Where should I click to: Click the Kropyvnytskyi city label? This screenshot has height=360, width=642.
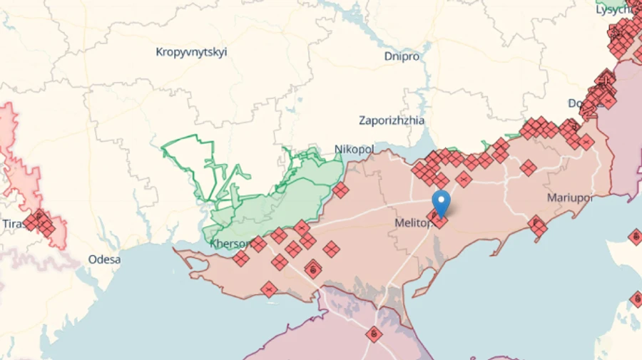(x=191, y=52)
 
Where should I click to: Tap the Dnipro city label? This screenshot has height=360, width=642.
(x=402, y=56)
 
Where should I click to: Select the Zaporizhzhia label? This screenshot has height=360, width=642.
(x=392, y=120)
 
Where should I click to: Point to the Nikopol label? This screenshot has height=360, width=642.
(x=354, y=149)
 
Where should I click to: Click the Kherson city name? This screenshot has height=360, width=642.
(x=230, y=244)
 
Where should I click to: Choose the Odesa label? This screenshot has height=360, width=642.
(x=104, y=259)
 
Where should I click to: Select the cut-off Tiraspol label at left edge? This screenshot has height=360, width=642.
(x=12, y=224)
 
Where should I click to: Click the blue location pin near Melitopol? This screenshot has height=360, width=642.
(x=442, y=202)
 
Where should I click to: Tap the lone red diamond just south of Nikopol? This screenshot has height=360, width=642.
(x=340, y=190)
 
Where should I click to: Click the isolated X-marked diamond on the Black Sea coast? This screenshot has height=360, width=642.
(x=268, y=289)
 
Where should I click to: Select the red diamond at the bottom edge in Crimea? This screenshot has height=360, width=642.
(x=374, y=334)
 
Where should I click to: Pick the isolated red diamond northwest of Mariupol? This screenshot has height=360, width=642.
(x=528, y=168)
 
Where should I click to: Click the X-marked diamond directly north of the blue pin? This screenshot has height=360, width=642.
(x=464, y=180)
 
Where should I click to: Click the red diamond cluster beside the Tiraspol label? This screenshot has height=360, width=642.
(x=40, y=222)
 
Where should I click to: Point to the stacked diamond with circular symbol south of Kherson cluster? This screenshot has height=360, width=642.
(x=312, y=269)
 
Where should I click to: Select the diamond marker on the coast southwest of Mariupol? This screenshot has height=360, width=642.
(x=537, y=227)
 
